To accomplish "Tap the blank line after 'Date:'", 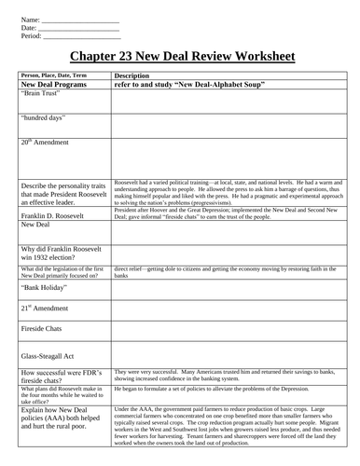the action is tap(80, 27).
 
